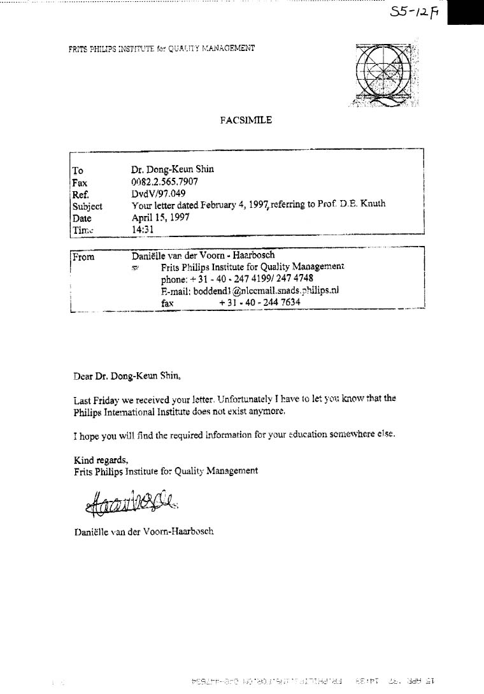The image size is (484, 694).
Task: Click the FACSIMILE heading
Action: click(246, 120)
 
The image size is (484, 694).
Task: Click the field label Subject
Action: click(87, 206)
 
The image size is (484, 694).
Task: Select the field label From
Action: click(83, 257)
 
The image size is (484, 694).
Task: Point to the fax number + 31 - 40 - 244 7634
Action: click(260, 303)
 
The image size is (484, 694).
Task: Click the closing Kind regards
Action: click(101, 459)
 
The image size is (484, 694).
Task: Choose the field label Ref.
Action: click(80, 194)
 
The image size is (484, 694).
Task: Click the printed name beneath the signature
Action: click(143, 530)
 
